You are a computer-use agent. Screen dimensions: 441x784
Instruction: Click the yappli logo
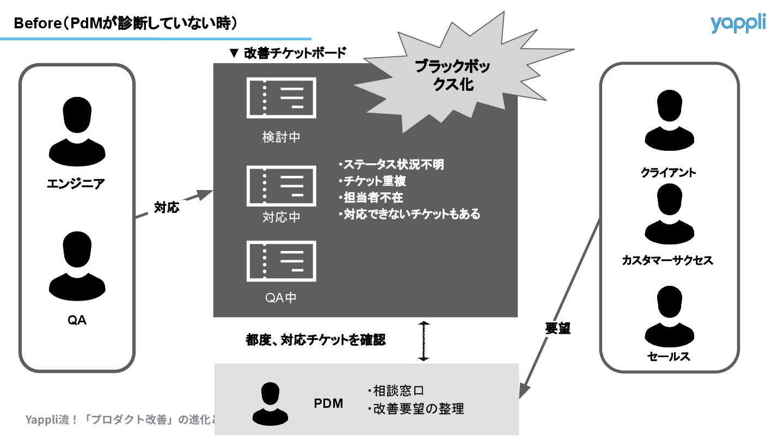[738, 23]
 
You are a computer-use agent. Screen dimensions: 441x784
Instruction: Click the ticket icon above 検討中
[281, 98]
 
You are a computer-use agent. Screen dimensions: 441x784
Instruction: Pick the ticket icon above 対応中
[281, 186]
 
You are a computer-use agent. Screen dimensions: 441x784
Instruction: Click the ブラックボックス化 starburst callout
[452, 76]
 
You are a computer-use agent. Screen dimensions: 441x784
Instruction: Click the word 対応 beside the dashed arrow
[167, 207]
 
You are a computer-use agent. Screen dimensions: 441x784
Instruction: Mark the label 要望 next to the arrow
[558, 328]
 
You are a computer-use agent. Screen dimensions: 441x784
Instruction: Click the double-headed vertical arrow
[424, 341]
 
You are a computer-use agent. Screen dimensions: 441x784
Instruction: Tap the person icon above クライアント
[669, 121]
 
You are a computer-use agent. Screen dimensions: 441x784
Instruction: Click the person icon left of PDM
[271, 403]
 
